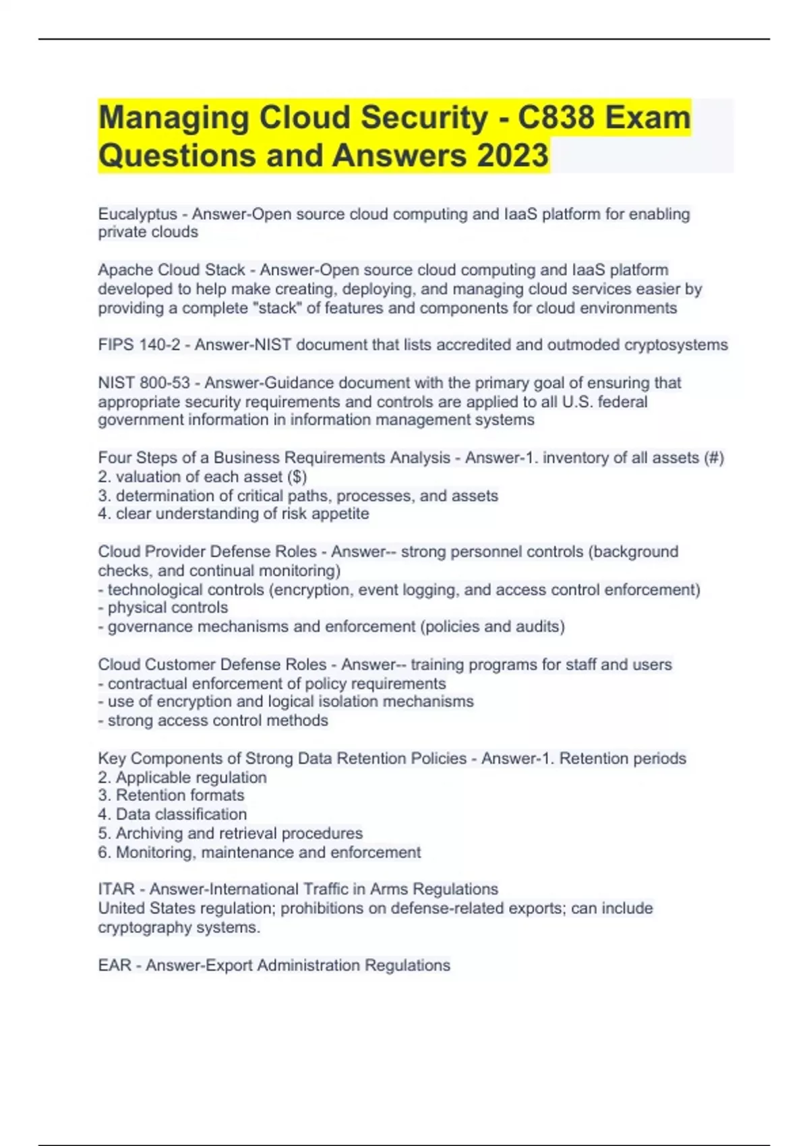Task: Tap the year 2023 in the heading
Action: (512, 156)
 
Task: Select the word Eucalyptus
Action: (138, 214)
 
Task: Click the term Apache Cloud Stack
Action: (171, 270)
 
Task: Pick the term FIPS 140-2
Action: (139, 345)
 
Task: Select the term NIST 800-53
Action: (144, 383)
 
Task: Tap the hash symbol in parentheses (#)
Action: (713, 458)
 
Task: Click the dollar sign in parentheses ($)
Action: (297, 477)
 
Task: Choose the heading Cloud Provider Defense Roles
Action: (207, 551)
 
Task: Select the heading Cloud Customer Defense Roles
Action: (212, 665)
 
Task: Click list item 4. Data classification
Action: (173, 814)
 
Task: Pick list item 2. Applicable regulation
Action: (182, 777)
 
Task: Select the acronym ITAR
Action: (117, 889)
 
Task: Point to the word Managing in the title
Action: (174, 118)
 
